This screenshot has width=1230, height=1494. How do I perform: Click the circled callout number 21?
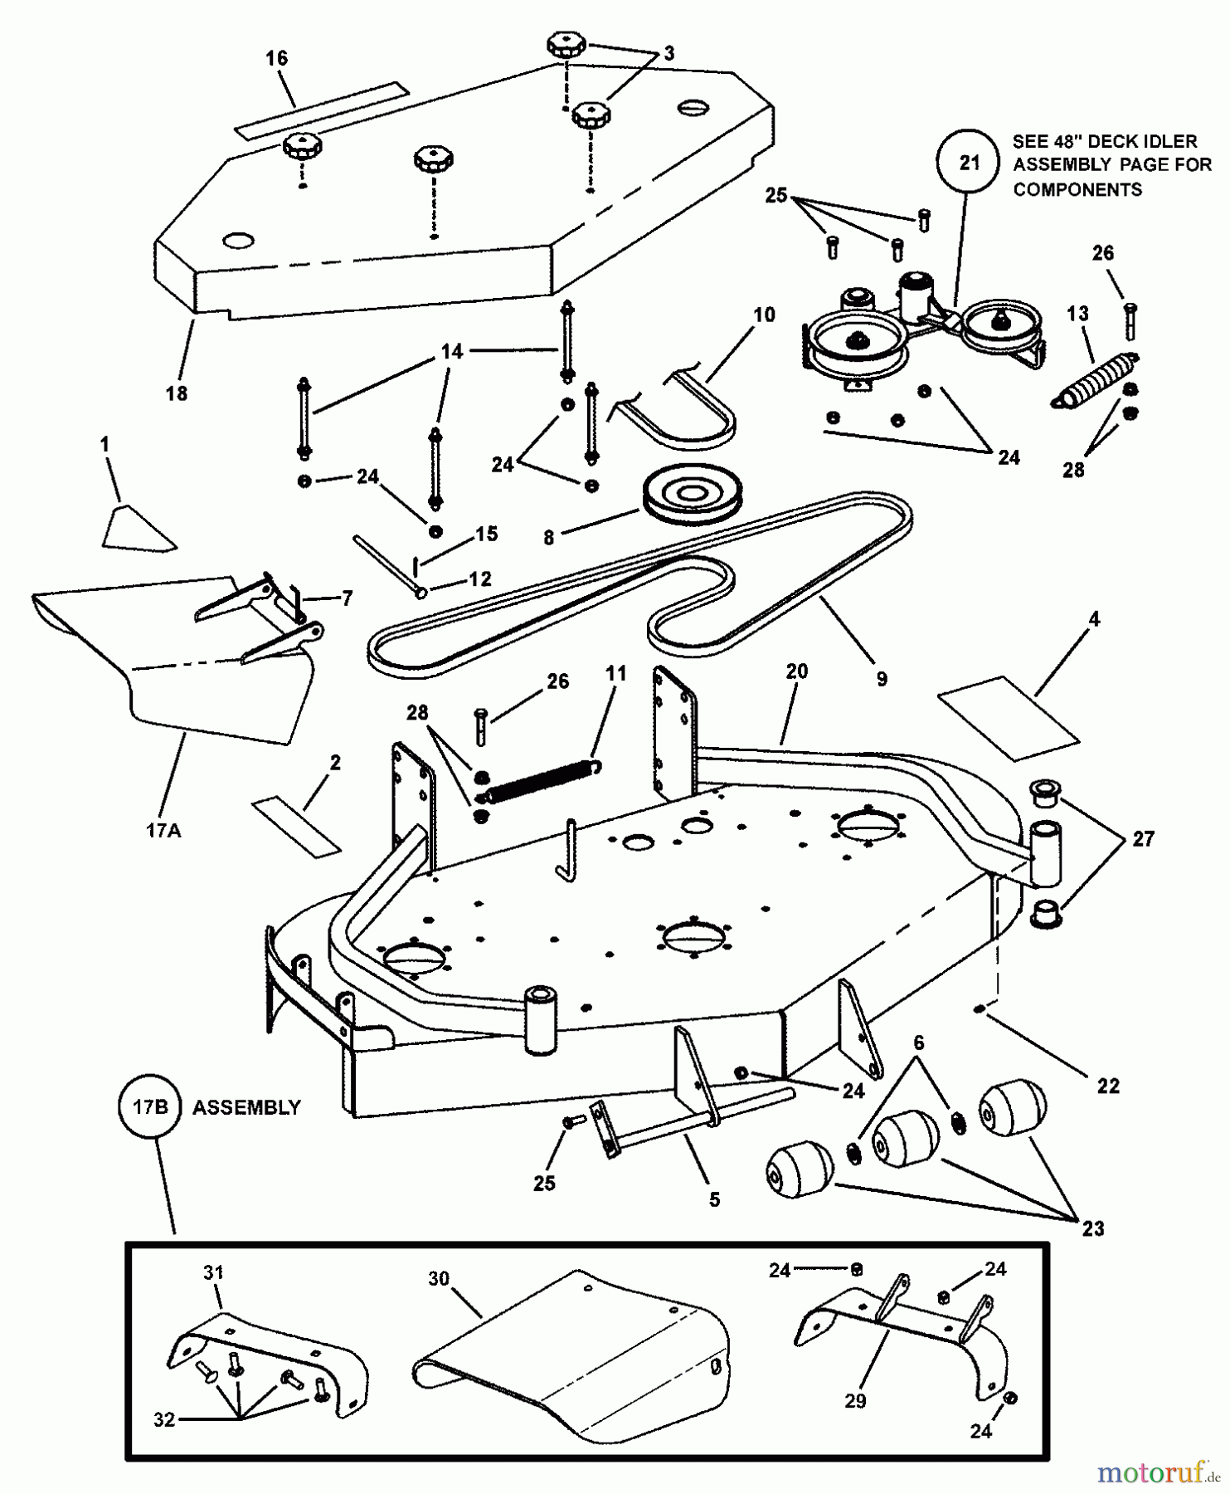[969, 163]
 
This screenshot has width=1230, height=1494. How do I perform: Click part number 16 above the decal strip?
[276, 57]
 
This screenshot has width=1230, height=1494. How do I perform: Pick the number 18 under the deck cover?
[177, 393]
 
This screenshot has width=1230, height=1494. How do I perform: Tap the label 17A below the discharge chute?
[163, 829]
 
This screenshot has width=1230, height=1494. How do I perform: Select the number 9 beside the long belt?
[881, 678]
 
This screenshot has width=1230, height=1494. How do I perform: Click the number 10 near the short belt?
[764, 315]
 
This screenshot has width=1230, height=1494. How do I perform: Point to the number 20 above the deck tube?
[796, 671]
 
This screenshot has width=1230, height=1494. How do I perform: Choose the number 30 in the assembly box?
[439, 1278]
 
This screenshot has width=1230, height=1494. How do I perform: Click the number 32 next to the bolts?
[164, 1419]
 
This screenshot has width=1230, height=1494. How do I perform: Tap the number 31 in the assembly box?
[213, 1272]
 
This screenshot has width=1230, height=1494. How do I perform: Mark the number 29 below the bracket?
[855, 1400]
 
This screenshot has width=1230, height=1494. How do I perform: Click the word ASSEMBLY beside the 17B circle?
[246, 1107]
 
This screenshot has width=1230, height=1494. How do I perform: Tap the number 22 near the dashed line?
[1108, 1085]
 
